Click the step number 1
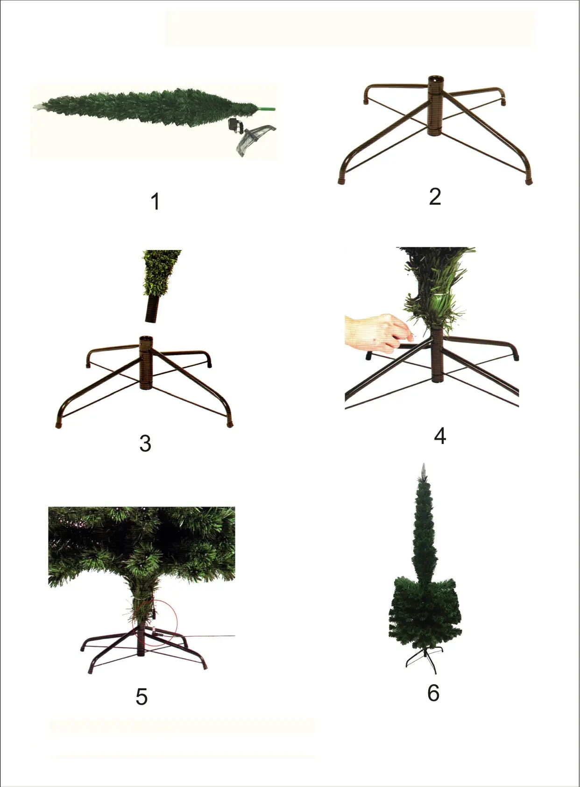tap(155, 201)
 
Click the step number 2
tap(435, 196)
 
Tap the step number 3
tap(145, 444)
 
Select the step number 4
tap(440, 436)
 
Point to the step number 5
tap(141, 697)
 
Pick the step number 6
tap(433, 693)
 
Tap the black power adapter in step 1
tap(235, 125)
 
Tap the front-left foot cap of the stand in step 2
tap(342, 181)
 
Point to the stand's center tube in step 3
tap(146, 363)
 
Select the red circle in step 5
tap(155, 623)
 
